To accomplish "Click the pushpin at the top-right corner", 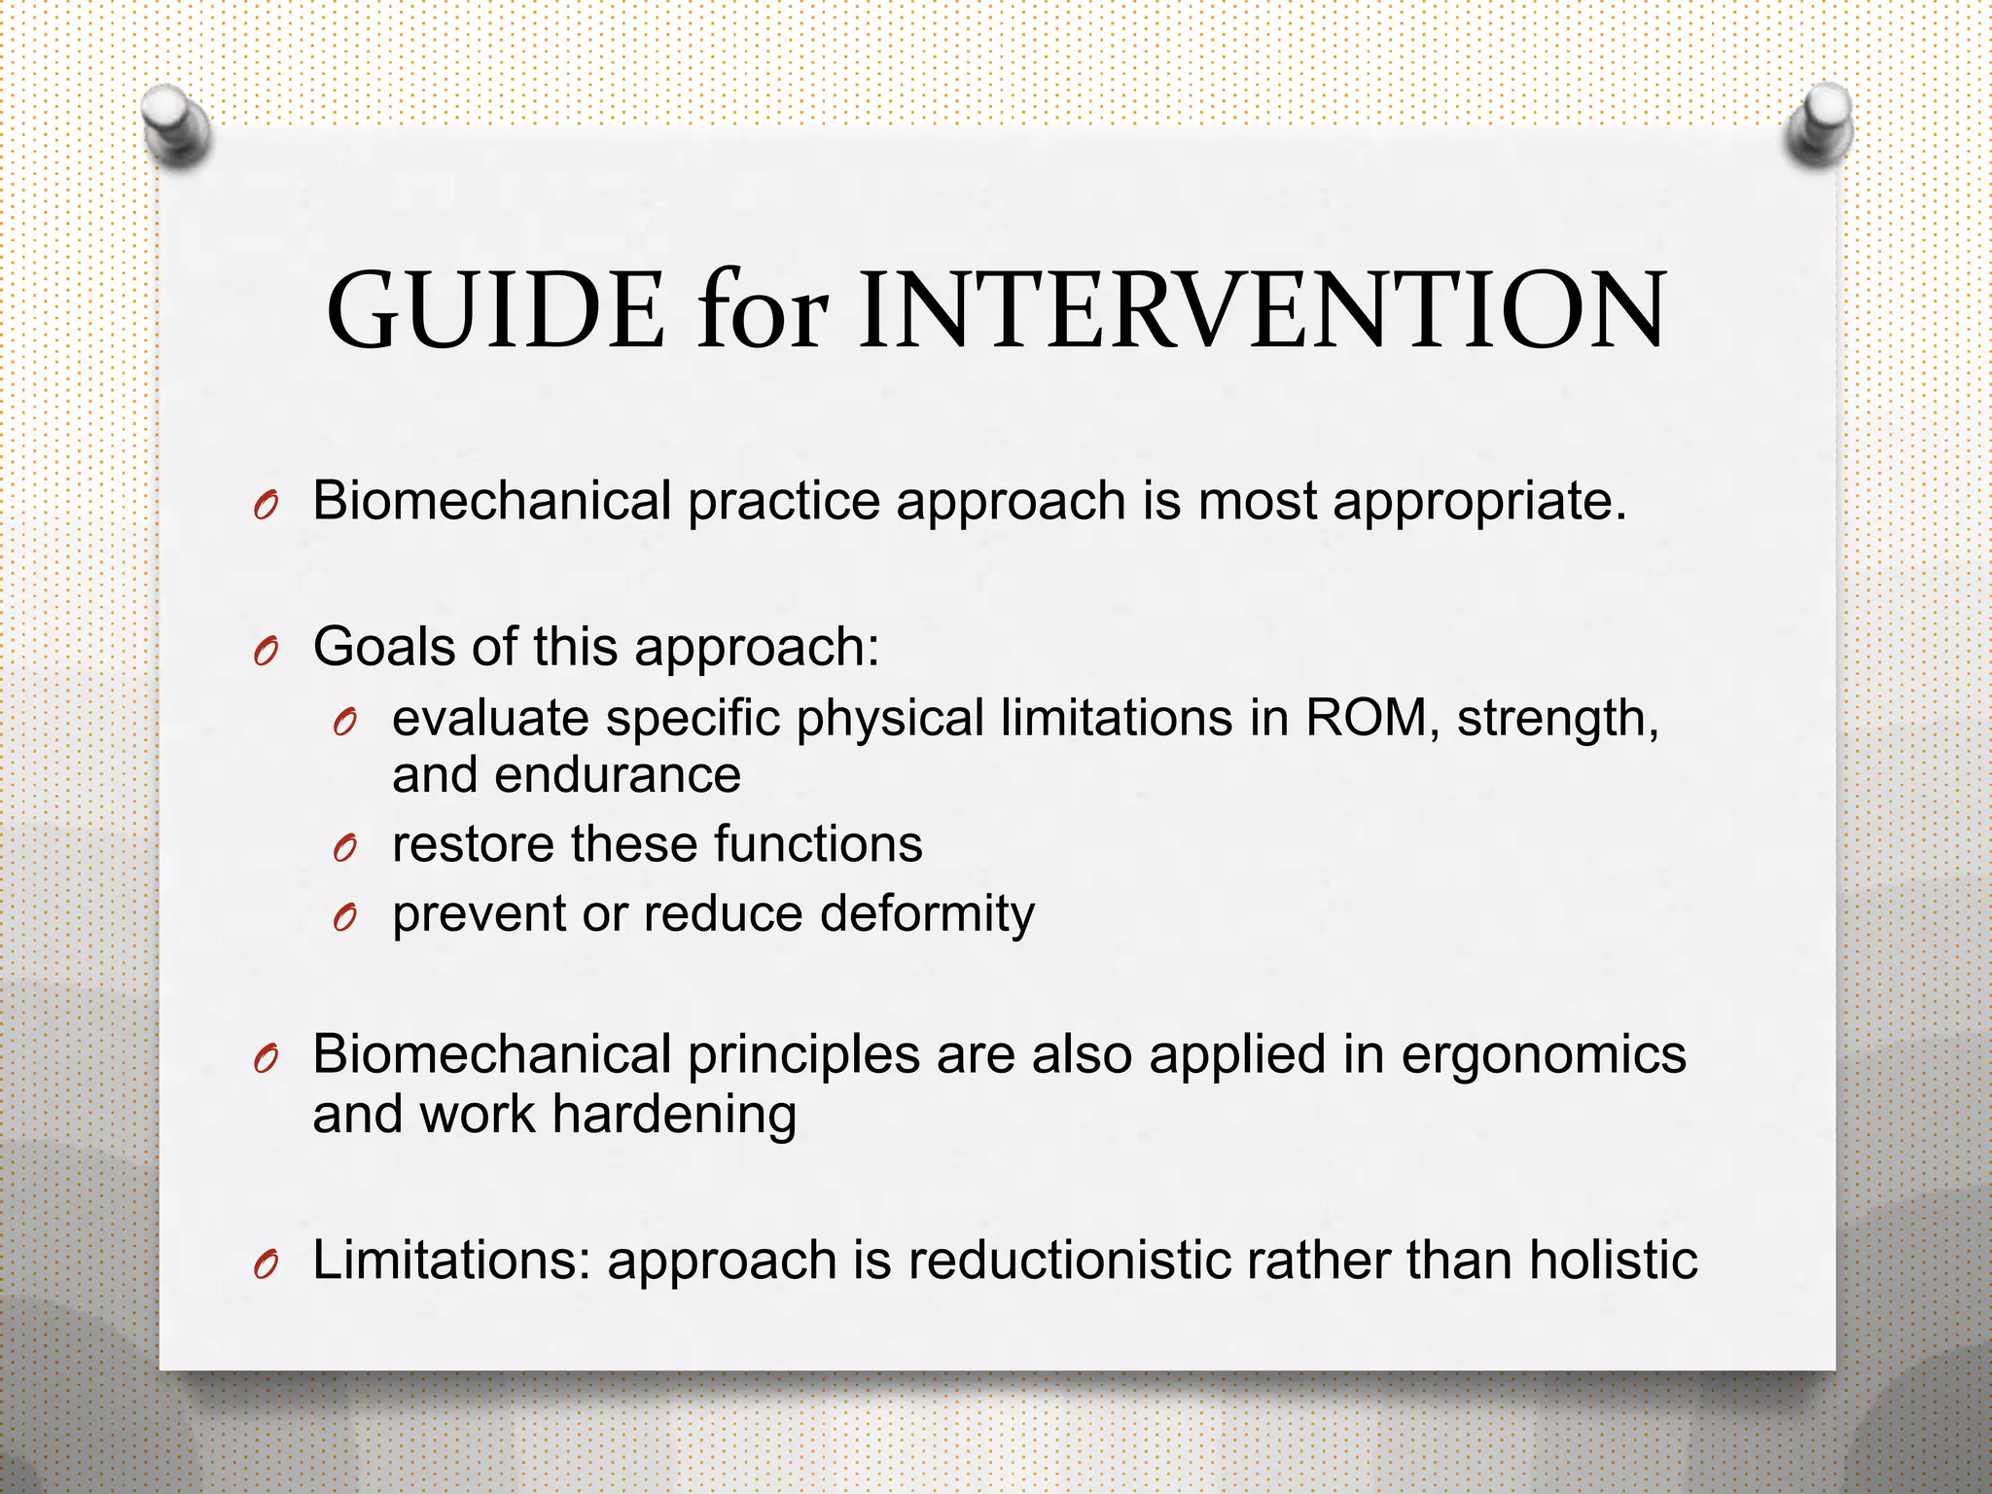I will click(1820, 123).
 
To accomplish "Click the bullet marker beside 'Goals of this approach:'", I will click(266, 650).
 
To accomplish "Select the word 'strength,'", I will click(1557, 720).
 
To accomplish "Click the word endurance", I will click(617, 775).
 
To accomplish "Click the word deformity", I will click(927, 915).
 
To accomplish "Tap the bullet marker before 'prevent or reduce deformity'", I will click(344, 917).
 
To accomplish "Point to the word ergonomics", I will click(1544, 1056).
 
